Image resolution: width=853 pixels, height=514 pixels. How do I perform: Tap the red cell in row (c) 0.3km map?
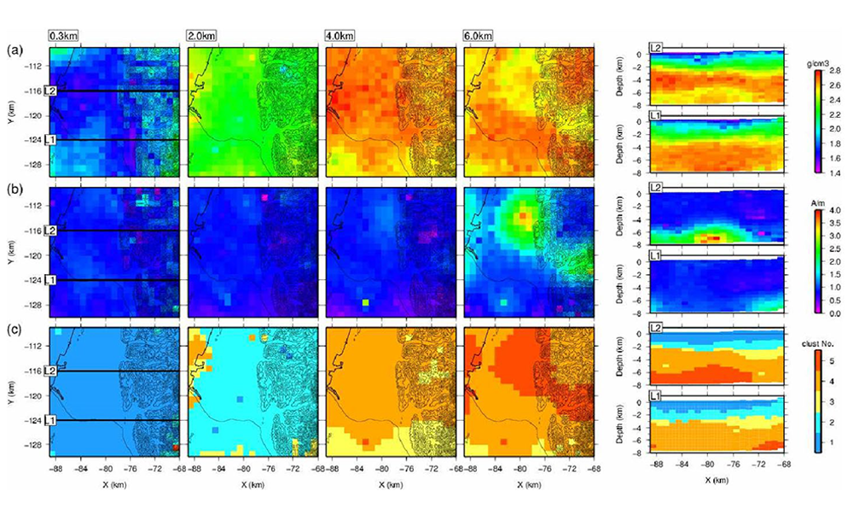(175, 447)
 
